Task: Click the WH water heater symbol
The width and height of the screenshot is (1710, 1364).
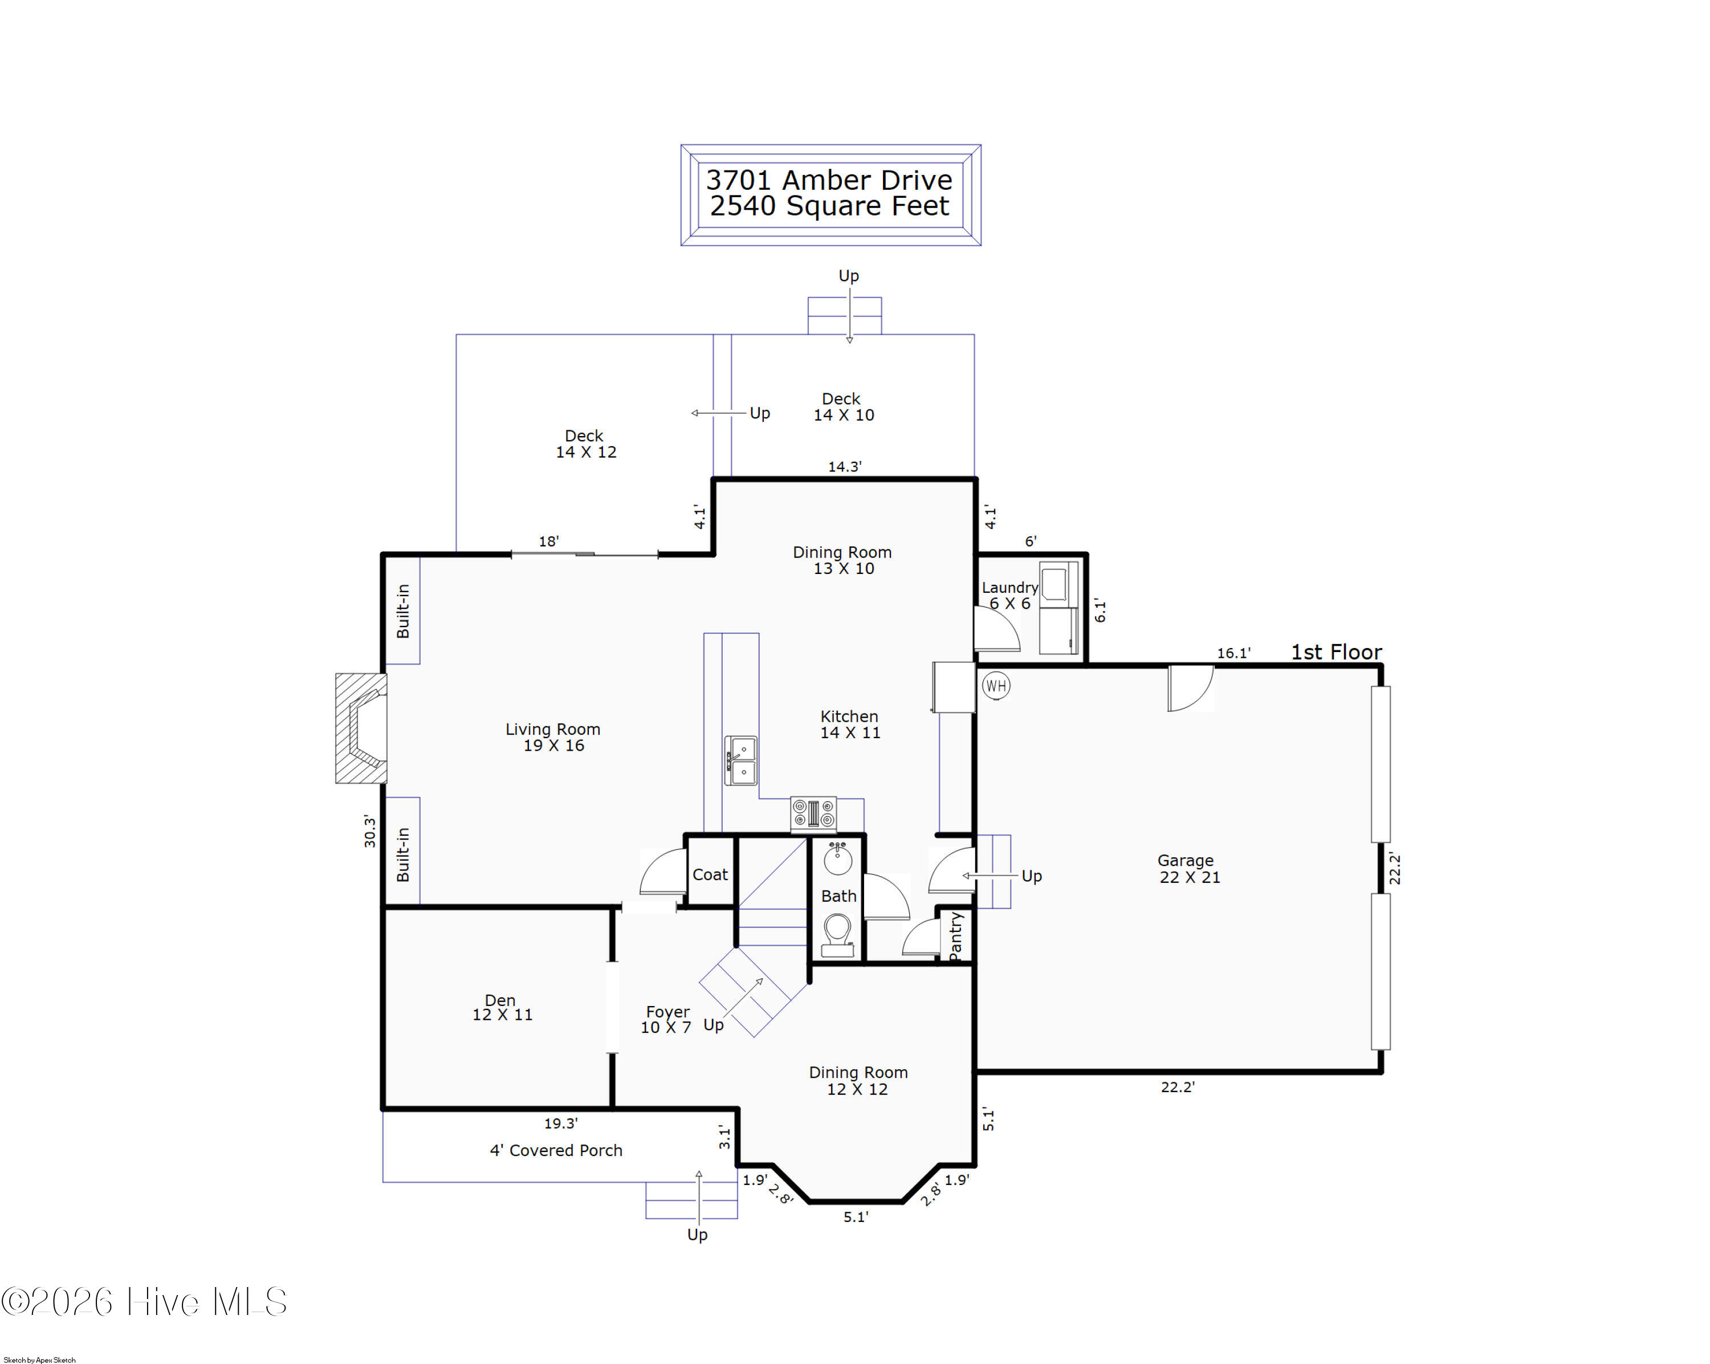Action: [996, 685]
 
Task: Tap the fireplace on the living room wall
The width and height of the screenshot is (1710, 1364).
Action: [361, 728]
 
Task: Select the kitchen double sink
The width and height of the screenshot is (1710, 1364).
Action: [741, 760]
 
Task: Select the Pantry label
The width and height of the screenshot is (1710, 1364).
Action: [956, 936]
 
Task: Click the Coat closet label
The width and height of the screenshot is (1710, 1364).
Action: [710, 874]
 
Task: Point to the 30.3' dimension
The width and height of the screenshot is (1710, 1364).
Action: [369, 830]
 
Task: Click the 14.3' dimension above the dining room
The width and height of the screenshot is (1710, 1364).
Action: [845, 466]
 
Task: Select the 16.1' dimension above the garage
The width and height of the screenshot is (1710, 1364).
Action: [1234, 653]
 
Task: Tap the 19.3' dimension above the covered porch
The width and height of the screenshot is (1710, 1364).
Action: [561, 1123]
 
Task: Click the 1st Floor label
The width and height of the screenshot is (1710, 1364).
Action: [1337, 652]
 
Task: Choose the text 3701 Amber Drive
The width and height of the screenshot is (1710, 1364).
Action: [829, 180]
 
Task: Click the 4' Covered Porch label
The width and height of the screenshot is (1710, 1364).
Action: [556, 1150]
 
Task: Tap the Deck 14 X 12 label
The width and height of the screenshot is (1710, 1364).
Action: [585, 444]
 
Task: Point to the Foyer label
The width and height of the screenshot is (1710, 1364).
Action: [668, 1012]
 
